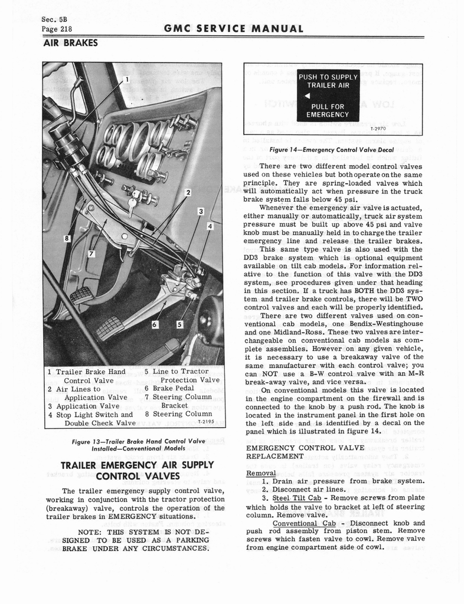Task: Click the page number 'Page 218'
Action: click(x=57, y=28)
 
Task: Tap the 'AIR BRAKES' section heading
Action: click(x=70, y=43)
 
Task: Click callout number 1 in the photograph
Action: click(x=126, y=80)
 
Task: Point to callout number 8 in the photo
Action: click(x=68, y=238)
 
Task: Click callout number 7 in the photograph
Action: click(x=92, y=254)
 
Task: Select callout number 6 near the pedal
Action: click(x=155, y=323)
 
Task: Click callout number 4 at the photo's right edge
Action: click(x=210, y=226)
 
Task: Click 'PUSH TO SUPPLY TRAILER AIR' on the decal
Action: click(x=328, y=81)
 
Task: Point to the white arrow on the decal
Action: click(x=308, y=96)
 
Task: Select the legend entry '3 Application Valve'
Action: click(x=84, y=406)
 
